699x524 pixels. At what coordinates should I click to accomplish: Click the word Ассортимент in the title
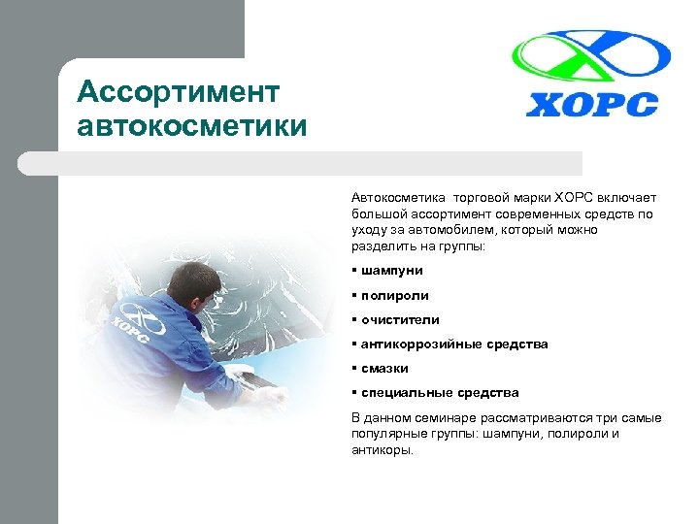(178, 92)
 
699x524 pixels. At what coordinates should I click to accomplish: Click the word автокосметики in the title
(193, 126)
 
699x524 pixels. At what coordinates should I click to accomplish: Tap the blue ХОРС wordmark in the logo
(591, 104)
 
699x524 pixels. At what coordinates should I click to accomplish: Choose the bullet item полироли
(394, 295)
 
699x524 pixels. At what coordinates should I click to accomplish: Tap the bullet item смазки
(384, 368)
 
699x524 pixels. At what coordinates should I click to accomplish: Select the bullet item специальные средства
(440, 392)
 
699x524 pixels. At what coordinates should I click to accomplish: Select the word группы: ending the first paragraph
(461, 247)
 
